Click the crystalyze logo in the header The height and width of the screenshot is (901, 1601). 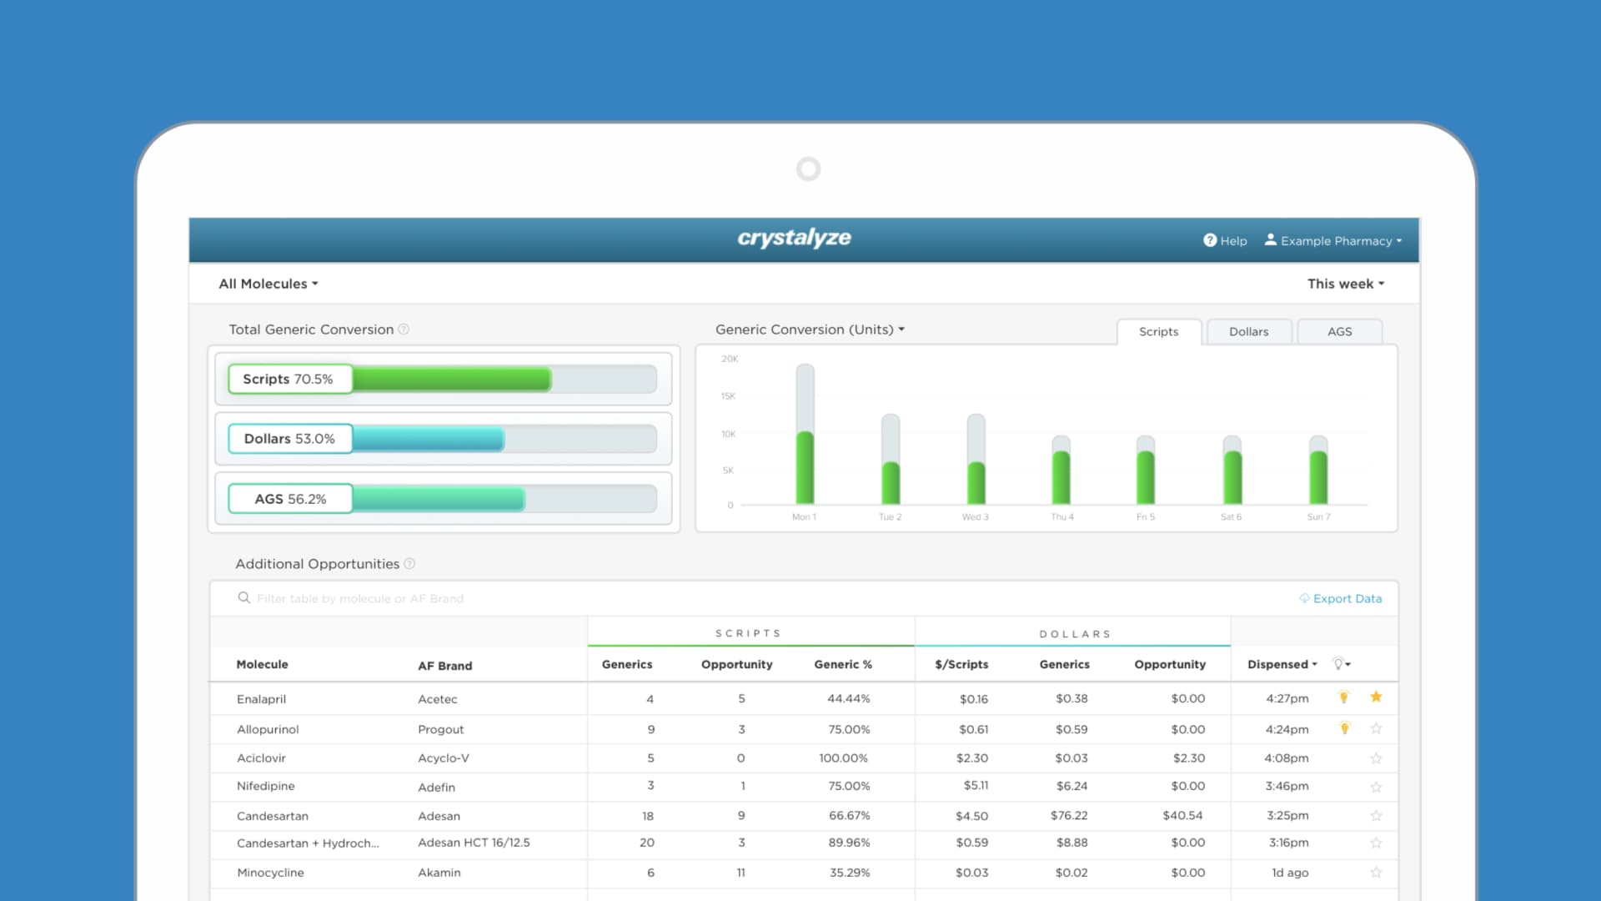[794, 239]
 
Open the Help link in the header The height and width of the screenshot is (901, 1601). [1225, 241]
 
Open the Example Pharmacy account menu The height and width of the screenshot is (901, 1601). [1333, 241]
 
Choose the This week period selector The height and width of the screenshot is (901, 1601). [1345, 284]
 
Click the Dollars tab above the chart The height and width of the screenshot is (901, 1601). [1248, 332]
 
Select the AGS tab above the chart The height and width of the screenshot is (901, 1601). [1339, 332]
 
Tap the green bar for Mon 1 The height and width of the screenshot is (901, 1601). [805, 467]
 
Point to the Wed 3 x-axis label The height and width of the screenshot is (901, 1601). [975, 517]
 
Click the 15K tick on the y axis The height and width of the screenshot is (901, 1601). [728, 396]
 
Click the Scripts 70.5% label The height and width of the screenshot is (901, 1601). [289, 379]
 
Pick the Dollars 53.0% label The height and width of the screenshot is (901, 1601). [289, 439]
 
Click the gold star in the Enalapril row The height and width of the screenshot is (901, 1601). [1376, 697]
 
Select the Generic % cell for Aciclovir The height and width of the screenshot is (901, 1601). [843, 758]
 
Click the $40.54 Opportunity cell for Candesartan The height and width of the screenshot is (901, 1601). [1182, 816]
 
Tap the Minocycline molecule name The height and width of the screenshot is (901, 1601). [270, 873]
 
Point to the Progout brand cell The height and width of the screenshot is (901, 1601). [440, 729]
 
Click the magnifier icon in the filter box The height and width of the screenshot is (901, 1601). [243, 598]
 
